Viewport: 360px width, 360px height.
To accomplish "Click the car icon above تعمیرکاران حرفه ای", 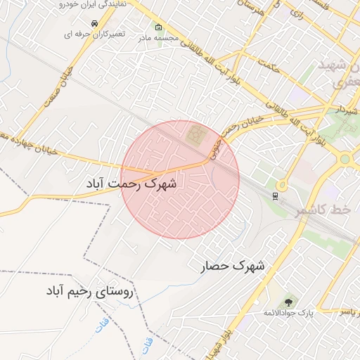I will (x=104, y=23).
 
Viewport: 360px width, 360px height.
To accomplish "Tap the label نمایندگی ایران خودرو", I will (x=98, y=4).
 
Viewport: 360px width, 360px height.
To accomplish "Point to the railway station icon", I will (x=276, y=195).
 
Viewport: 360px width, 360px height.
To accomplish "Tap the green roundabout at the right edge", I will (x=345, y=159).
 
